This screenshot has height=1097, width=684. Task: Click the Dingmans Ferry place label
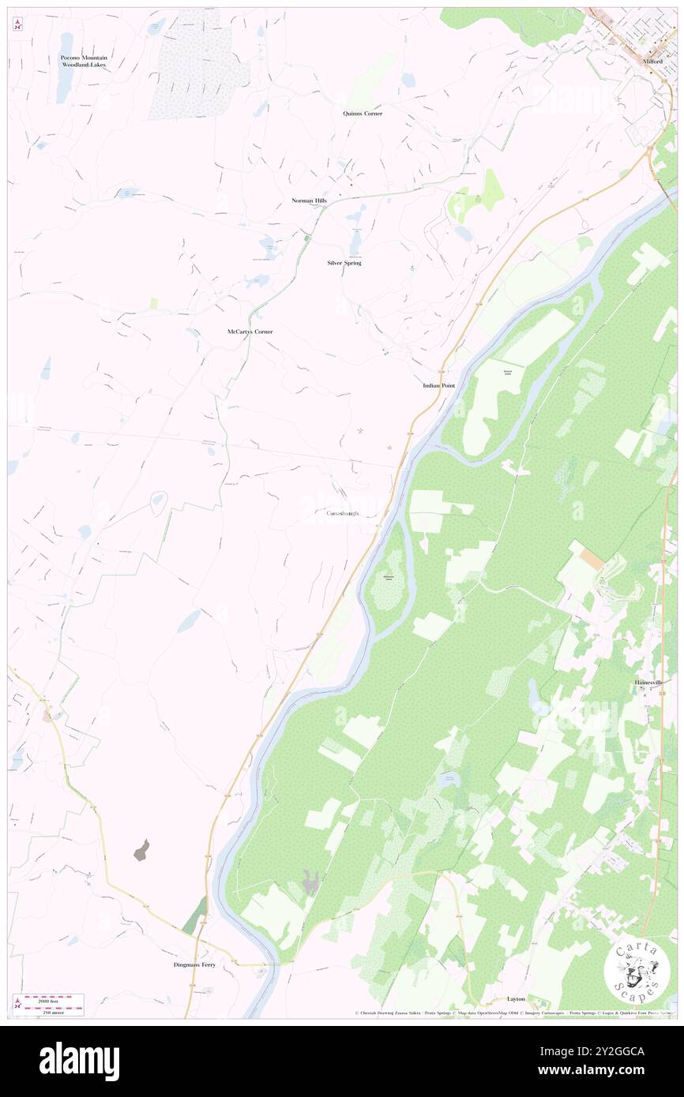pos(194,964)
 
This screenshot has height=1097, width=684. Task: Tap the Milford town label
pos(652,72)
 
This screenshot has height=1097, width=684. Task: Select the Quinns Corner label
pos(363,114)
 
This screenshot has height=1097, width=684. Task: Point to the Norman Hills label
pos(309,200)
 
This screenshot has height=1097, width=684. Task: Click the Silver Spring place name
pos(344,262)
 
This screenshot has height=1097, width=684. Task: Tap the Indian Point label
pos(438,385)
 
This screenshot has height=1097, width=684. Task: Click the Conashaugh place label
pos(343,513)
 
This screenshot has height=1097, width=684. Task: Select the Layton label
pos(516,998)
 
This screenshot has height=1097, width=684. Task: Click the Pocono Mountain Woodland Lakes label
pos(85,61)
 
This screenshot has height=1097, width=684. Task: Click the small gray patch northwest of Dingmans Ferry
pos(141,851)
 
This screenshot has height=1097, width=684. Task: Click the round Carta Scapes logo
pos(637,969)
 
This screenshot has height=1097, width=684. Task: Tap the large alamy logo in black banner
pos(79,1061)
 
